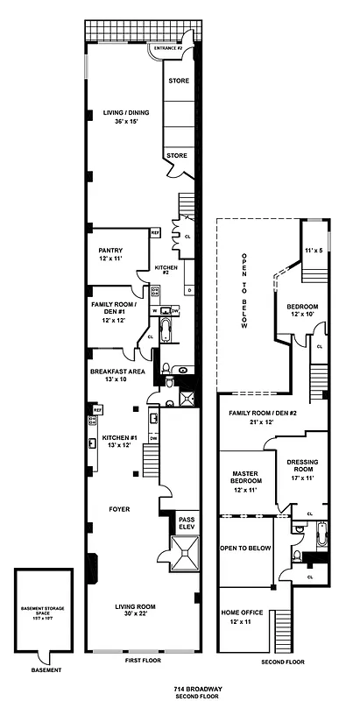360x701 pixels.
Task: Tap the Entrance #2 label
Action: pyautogui.click(x=166, y=48)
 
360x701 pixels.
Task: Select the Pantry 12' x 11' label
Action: pyautogui.click(x=114, y=255)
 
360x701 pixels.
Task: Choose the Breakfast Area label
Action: pyautogui.click(x=115, y=376)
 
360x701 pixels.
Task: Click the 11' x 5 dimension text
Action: pyautogui.click(x=314, y=251)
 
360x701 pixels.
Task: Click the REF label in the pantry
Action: pyautogui.click(x=154, y=233)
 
